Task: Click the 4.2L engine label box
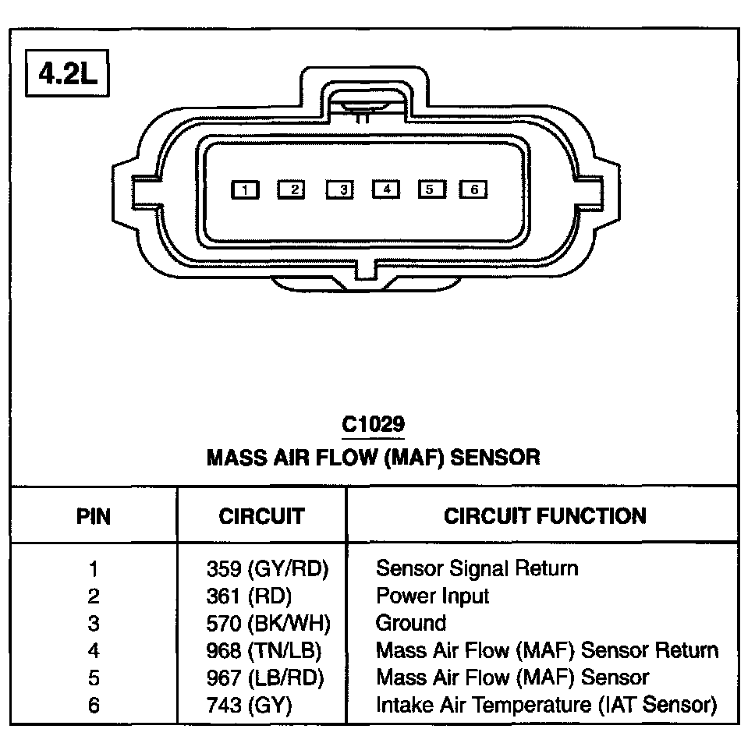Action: tap(66, 75)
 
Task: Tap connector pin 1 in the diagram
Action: tap(246, 189)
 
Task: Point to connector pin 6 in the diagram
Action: tap(473, 189)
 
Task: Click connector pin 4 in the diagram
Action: tap(385, 189)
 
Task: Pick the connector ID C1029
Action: tap(373, 425)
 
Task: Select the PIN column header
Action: tap(94, 515)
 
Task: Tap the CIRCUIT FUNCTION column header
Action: tap(544, 515)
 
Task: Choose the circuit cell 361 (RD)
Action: tap(248, 596)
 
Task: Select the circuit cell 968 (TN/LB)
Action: tap(263, 650)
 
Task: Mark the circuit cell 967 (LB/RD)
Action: tap(263, 678)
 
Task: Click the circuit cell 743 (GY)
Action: tap(248, 706)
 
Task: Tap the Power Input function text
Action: tap(432, 596)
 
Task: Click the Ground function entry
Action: tap(411, 624)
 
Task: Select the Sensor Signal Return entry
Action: tap(477, 568)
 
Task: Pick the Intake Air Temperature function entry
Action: tap(546, 706)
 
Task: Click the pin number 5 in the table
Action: tap(94, 678)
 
